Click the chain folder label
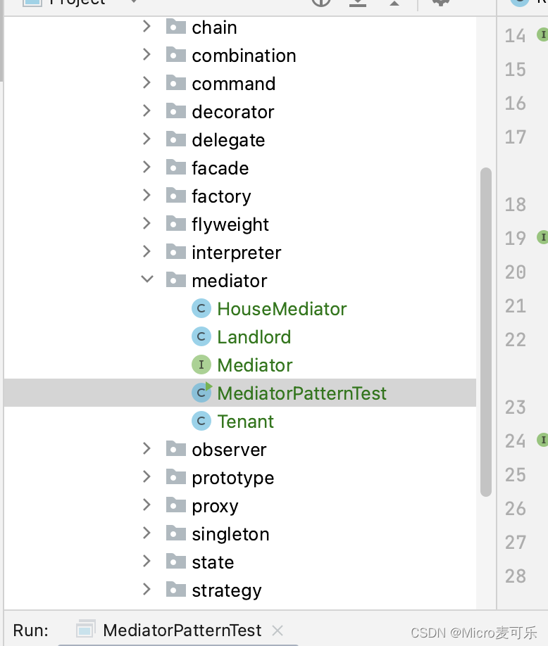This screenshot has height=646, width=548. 214,27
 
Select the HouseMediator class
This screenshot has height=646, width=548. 282,309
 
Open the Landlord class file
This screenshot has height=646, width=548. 254,337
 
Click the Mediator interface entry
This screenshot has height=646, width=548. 254,365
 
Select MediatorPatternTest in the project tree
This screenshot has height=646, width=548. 301,393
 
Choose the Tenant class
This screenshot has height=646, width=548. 245,422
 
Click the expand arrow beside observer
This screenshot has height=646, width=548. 147,449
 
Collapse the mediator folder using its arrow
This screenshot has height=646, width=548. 147,280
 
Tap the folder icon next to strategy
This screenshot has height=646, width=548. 175,590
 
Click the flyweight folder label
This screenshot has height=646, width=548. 230,224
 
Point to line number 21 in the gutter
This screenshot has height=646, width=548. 516,306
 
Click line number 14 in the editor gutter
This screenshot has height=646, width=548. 516,36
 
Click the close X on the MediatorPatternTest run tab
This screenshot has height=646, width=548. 278,630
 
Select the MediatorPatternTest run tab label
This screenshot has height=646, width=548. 182,630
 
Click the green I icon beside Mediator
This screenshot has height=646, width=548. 201,365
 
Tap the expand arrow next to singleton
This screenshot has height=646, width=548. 147,533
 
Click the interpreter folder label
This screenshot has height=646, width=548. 236,253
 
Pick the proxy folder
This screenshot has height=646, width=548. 215,506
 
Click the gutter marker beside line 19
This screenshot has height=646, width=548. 542,238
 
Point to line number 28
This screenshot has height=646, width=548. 516,576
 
